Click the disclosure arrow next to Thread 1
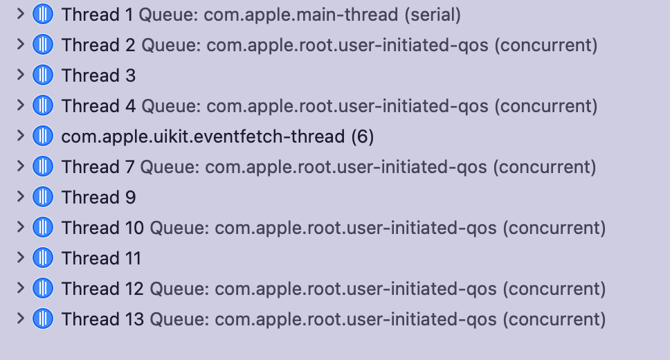(20, 14)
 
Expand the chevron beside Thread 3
(20, 75)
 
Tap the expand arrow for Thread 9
(20, 197)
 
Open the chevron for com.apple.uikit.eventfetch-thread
(20, 136)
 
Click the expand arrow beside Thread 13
(20, 318)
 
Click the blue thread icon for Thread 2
(43, 44)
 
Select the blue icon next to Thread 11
(43, 258)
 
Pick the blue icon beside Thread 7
(43, 166)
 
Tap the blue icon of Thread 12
(43, 288)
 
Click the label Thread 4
(99, 106)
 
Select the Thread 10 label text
(102, 228)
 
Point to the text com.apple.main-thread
(301, 15)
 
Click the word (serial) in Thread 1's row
(433, 15)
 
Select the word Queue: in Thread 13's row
(179, 319)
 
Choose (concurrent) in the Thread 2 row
(545, 45)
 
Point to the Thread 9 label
(99, 197)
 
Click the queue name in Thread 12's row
(356, 289)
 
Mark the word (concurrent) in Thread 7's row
(544, 167)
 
